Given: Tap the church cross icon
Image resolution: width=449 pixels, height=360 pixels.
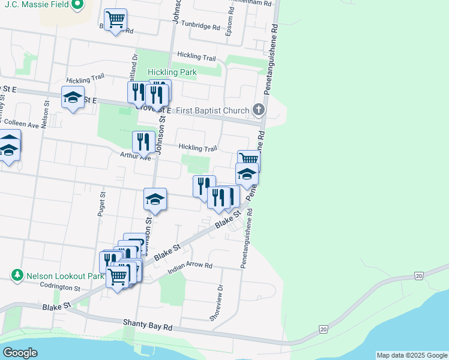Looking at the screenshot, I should pos(259,109).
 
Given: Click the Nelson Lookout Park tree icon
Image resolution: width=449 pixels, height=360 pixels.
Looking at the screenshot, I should pos(17,275).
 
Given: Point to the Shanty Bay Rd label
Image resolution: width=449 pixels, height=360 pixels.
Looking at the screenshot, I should pos(148,325).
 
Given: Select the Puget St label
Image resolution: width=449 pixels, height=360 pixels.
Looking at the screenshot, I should pos(102,203).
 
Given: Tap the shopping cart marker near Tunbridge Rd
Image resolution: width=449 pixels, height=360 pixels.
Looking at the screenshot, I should pos(115,19).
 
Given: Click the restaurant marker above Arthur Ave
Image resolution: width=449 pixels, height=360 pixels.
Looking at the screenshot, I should pos(143,142).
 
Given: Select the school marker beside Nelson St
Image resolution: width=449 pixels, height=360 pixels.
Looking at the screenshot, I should pos(73,98).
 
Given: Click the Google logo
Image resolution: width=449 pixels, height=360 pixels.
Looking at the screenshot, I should pos(20,353).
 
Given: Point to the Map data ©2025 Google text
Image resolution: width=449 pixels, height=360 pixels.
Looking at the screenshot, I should pos(411,355).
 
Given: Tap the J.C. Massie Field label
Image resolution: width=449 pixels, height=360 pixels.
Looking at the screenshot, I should pos(35,5).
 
